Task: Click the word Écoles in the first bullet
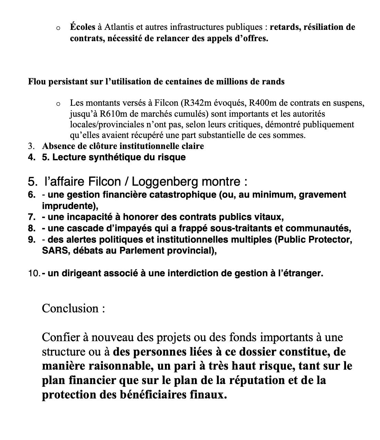tap(82, 27)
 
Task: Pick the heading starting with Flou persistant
tap(156, 81)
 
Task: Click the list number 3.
tap(31, 146)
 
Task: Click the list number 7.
tap(31, 217)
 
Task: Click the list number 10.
tap(34, 273)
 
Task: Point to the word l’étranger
tap(300, 273)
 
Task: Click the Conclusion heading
tap(73, 308)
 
